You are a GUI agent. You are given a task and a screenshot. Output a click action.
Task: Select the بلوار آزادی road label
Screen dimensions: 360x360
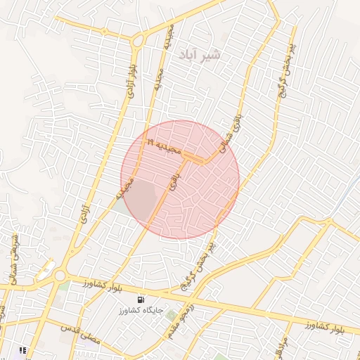coord(131,79)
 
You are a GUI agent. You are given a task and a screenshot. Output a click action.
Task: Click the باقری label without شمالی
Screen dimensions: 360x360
coord(173,184)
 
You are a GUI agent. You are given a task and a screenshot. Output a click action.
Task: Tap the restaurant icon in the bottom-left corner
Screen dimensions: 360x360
coord(22,349)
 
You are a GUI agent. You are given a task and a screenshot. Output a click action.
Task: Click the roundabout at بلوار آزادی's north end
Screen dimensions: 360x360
coord(138,41)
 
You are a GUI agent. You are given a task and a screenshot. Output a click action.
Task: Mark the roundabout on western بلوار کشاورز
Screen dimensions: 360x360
coord(60,276)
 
